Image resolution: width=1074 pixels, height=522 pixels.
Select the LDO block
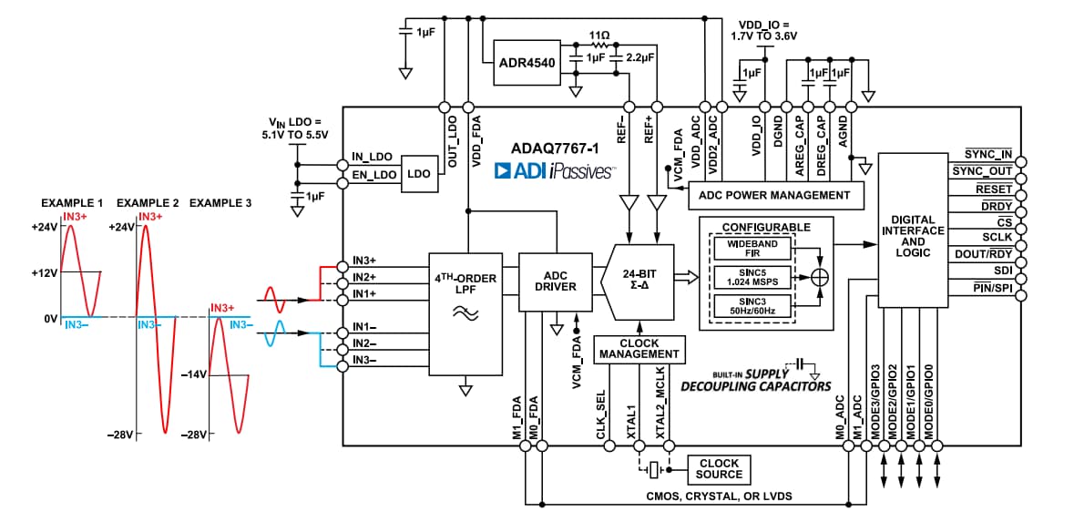(419, 172)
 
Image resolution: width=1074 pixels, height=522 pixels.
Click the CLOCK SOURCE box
(719, 469)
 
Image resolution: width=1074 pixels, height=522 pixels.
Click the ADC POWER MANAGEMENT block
(773, 194)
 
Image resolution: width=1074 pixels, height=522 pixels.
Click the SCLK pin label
(997, 237)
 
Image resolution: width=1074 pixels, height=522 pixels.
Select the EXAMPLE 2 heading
(148, 202)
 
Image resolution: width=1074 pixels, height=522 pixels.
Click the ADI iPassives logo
(555, 170)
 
